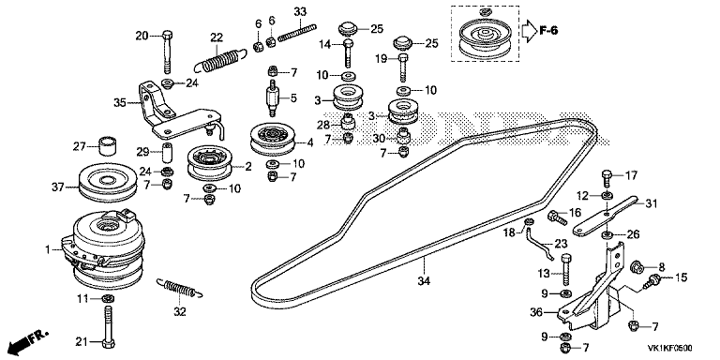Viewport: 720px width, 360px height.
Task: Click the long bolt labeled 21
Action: click(x=108, y=325)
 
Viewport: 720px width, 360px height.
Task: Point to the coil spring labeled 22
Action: click(x=219, y=60)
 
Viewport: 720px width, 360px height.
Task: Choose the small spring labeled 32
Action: click(x=180, y=288)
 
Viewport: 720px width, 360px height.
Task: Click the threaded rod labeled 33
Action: click(x=297, y=32)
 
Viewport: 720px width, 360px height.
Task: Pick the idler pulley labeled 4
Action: click(x=272, y=139)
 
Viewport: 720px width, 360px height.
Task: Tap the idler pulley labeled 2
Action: click(x=210, y=162)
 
